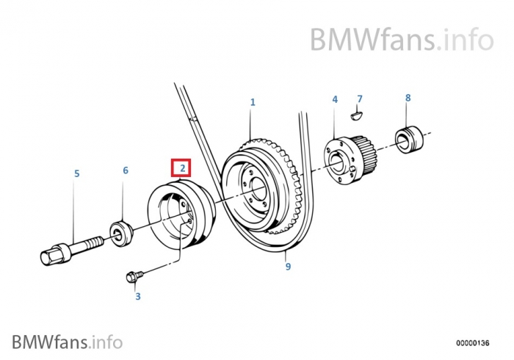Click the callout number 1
click(x=252, y=102)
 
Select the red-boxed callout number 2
click(x=181, y=169)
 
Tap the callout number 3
click(x=137, y=297)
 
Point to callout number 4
click(x=334, y=98)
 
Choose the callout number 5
click(x=76, y=174)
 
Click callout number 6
click(x=125, y=170)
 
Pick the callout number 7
click(x=359, y=98)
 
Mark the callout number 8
click(x=408, y=97)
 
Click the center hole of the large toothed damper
click(x=257, y=194)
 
